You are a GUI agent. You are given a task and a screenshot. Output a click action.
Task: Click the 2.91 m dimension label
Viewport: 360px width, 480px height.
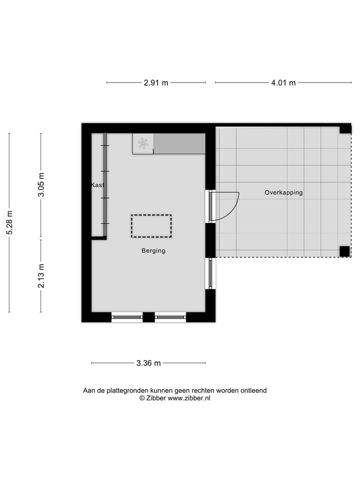click(156, 83)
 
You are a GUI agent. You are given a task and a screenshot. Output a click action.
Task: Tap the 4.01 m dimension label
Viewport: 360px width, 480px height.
click(283, 83)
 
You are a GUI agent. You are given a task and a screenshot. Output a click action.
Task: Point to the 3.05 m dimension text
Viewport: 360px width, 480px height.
click(41, 184)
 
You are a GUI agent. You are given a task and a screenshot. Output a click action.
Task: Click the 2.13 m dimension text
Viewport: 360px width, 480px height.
click(41, 275)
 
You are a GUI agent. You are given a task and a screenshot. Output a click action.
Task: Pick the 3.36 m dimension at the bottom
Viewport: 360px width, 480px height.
click(148, 363)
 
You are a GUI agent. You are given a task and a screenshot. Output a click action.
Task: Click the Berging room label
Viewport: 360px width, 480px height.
click(153, 251)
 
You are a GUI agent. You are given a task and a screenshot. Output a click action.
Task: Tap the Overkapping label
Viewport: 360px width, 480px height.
click(283, 192)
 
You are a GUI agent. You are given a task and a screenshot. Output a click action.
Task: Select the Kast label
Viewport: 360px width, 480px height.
click(97, 185)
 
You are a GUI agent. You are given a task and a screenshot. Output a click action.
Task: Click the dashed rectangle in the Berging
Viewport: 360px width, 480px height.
click(151, 226)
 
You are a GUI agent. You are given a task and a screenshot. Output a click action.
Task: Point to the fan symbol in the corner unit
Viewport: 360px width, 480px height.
click(143, 143)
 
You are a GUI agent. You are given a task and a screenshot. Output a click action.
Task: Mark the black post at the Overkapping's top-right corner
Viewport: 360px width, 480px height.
click(345, 129)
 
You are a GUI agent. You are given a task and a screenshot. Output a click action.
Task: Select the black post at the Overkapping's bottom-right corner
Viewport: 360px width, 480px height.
click(344, 251)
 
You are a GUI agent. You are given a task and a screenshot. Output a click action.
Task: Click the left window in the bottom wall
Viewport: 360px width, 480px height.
click(126, 317)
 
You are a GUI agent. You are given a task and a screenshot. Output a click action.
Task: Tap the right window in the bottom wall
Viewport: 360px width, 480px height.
click(170, 317)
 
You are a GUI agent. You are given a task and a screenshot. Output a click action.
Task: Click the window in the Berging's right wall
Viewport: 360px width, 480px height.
click(210, 273)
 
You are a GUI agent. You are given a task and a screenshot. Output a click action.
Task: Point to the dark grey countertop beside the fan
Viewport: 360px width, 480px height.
click(179, 143)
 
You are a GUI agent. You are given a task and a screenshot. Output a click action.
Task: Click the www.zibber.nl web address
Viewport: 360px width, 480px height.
click(189, 398)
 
